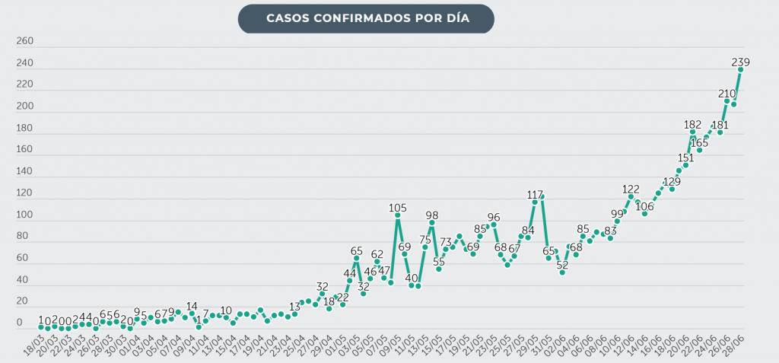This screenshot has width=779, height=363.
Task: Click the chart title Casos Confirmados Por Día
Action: click(365, 18)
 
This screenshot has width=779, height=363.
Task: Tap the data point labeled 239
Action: click(740, 69)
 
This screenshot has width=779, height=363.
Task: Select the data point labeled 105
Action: click(397, 215)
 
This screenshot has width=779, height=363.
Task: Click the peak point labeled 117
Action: click(535, 202)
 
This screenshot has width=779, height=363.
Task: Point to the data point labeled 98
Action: click(431, 223)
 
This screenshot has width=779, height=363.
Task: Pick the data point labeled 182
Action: click(692, 132)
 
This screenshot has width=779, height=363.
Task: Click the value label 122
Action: click(631, 189)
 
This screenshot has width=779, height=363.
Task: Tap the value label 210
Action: click(727, 94)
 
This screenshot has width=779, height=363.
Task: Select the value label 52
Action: click(562, 265)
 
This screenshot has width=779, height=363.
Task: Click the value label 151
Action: click(685, 158)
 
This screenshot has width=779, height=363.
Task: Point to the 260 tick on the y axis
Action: click(24, 41)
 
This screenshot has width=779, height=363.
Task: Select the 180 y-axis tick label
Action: click(24, 129)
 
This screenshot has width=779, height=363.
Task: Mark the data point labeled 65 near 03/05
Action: click(356, 259)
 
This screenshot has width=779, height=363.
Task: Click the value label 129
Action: click(672, 181)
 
